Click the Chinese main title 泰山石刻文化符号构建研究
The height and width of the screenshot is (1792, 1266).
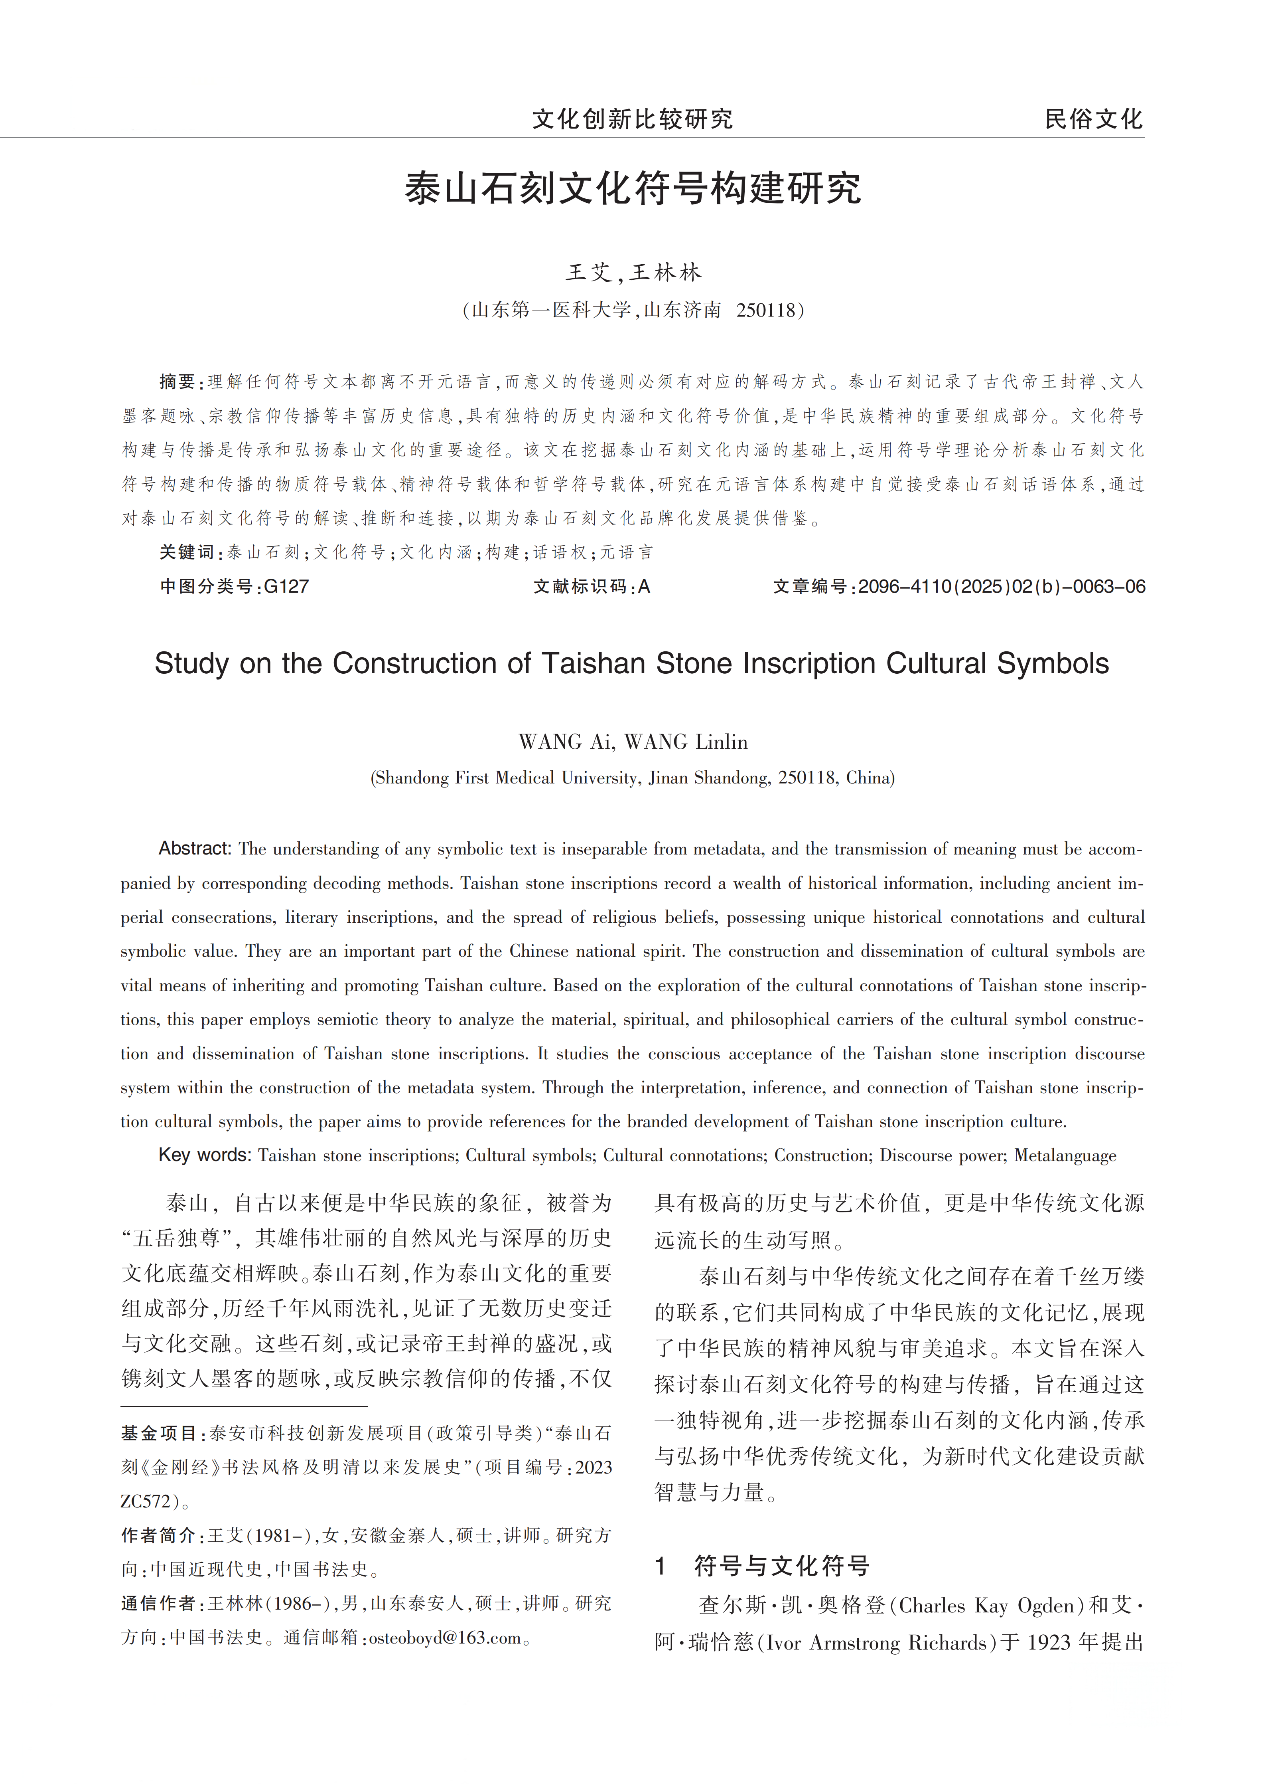[633, 189]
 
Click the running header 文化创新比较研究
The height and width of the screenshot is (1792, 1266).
[633, 119]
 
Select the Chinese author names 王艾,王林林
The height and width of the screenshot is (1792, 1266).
[633, 272]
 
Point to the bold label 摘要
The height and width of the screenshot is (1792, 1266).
[178, 382]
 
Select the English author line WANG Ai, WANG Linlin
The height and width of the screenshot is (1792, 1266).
[633, 742]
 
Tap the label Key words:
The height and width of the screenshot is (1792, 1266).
[204, 1155]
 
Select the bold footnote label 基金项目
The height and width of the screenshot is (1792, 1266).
[159, 1433]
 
